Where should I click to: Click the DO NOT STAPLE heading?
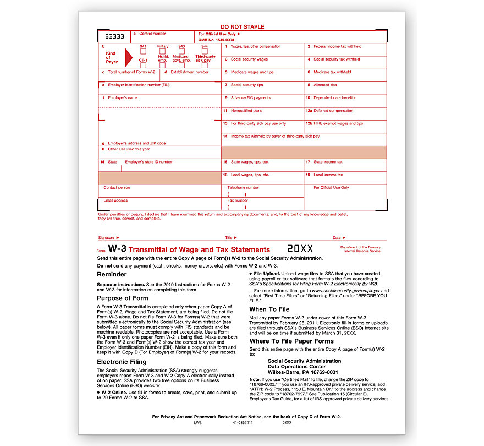[242, 26]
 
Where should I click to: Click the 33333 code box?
[114, 36]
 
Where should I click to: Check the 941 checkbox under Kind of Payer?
[143, 51]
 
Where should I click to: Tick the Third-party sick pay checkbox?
[205, 51]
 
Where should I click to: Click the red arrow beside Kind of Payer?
[129, 58]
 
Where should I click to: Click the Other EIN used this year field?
[159, 153]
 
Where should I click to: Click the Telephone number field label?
[243, 187]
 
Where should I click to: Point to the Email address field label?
[116, 200]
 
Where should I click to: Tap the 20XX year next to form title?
[300, 249]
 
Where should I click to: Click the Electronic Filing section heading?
[122, 362]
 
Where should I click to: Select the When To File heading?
[269, 309]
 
